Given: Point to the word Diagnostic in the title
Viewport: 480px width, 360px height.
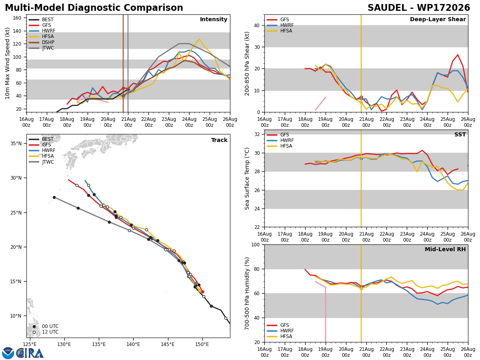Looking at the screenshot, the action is pyautogui.click(x=94, y=8).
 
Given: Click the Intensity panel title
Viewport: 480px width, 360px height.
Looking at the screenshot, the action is pyautogui.click(x=214, y=20).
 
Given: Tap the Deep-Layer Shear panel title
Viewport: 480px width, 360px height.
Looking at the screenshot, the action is pyautogui.click(x=438, y=20).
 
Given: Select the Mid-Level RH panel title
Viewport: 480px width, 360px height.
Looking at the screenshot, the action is pyautogui.click(x=445, y=249).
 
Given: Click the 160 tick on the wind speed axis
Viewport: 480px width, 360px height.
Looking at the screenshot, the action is pyautogui.click(x=17, y=18).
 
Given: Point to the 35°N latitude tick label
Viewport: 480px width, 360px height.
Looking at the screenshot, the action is pyautogui.click(x=16, y=144).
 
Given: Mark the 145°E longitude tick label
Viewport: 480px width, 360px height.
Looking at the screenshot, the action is pyautogui.click(x=168, y=344).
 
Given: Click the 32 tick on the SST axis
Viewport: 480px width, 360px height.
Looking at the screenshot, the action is pyautogui.click(x=257, y=134).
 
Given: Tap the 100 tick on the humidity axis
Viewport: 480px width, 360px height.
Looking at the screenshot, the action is pyautogui.click(x=256, y=245).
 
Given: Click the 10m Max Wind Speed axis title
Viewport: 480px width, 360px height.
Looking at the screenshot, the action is pyautogui.click(x=7, y=63).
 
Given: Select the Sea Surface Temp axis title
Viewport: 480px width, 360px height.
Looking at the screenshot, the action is pyautogui.click(x=247, y=179).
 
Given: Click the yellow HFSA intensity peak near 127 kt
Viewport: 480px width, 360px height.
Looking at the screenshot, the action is pyautogui.click(x=199, y=39).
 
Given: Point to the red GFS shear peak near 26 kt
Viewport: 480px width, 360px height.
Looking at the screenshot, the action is pyautogui.click(x=458, y=55).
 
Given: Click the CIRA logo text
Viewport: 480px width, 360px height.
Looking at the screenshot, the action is pyautogui.click(x=30, y=353).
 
